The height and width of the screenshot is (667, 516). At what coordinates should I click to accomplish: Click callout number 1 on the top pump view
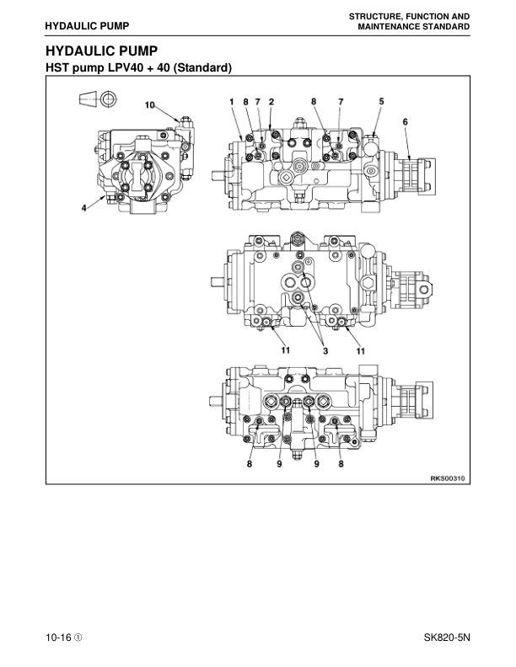click(231, 101)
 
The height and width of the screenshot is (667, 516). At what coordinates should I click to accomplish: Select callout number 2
click(271, 101)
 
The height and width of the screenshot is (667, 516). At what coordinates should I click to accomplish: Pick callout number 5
click(381, 101)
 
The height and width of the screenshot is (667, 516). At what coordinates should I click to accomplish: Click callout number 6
click(406, 121)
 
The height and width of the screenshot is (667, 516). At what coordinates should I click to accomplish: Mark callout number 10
click(150, 105)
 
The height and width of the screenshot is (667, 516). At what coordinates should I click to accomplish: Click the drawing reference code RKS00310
click(448, 478)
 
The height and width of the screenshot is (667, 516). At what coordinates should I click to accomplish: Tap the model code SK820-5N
click(447, 638)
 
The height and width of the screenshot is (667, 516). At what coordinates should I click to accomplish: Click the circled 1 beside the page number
click(78, 638)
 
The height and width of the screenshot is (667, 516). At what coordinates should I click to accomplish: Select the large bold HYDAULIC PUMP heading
click(101, 51)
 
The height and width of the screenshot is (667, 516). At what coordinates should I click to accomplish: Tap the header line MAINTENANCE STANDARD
click(413, 27)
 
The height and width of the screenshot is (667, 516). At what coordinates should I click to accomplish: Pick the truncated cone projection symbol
click(87, 100)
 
